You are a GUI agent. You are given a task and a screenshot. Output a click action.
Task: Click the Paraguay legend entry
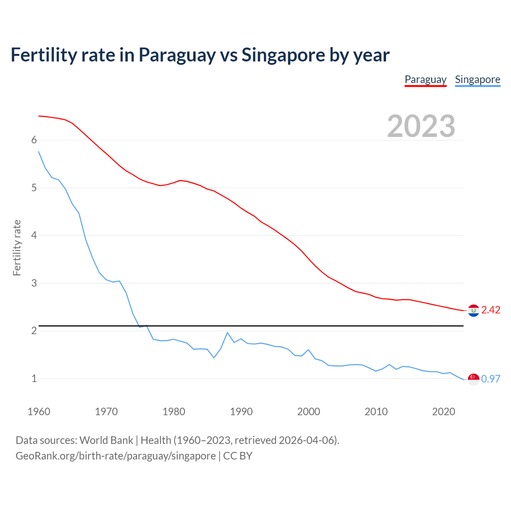pos(426,79)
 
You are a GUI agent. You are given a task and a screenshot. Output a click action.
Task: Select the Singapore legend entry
pos(477,79)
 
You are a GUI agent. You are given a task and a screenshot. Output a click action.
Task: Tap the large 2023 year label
pos(421,126)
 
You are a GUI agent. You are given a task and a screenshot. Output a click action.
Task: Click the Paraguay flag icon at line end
pos(473,310)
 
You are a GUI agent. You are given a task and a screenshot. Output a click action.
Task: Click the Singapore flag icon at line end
pos(473,379)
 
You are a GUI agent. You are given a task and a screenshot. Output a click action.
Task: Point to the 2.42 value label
pos(491,310)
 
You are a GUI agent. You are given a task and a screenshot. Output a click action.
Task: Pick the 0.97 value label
pos(491,379)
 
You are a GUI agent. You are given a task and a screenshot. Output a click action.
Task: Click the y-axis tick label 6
pos(34,140)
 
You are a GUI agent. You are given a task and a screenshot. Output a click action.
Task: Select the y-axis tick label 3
pos(34,283)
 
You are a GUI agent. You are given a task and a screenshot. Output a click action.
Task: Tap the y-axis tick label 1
pos(34,379)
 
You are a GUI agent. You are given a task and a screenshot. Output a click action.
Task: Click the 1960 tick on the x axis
pos(39,412)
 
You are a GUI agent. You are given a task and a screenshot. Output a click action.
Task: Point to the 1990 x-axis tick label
pos(241,412)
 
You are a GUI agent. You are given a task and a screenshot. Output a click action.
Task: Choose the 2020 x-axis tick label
pos(444,412)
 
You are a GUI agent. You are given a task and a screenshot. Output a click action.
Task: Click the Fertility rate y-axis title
pos(17,248)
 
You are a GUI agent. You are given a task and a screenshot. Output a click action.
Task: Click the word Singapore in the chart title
pos(283,55)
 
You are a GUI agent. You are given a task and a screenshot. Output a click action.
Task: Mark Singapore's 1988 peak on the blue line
pos(228,333)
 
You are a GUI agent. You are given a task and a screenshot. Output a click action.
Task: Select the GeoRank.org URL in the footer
pos(115,456)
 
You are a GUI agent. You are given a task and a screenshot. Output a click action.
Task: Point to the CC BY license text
pos(238,456)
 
